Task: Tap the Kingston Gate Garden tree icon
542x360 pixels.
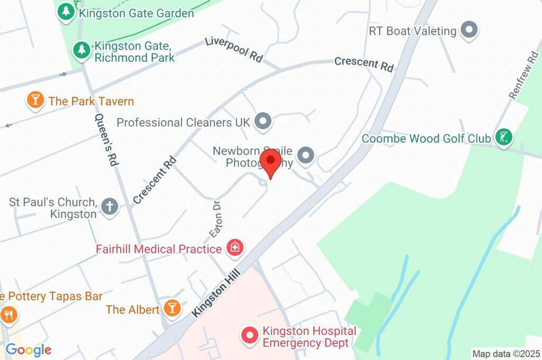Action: coord(66,12)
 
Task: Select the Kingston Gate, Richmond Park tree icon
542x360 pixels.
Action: coord(81,50)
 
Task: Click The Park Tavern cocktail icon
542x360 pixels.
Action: coord(35,100)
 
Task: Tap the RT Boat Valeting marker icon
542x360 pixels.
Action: coord(469,30)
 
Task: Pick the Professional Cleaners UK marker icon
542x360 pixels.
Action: coord(263,122)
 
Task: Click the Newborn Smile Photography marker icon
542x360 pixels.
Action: coord(305,156)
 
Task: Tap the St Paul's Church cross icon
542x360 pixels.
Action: coord(110,206)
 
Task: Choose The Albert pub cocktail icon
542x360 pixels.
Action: coord(172,308)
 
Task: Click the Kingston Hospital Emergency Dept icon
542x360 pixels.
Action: coord(249,335)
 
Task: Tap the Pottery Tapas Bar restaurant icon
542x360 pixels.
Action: coord(9,315)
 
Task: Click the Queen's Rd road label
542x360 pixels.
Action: coord(105,141)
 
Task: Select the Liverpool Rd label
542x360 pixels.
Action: coord(233,50)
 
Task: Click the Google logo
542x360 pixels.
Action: coord(29,349)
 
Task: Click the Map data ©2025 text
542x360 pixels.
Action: coord(505,353)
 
